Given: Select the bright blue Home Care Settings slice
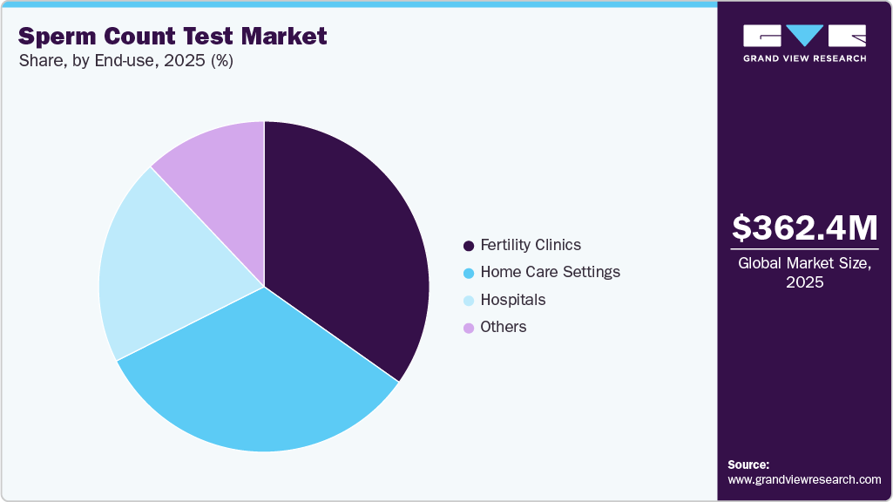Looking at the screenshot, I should (261, 375).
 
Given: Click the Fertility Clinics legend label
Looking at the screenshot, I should (531, 245).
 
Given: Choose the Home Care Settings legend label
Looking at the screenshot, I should (550, 272).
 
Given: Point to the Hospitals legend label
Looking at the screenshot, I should (513, 300).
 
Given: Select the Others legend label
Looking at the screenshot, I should (504, 327).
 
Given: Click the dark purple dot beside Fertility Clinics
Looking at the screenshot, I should (469, 246).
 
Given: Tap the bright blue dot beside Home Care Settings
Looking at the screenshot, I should (469, 273).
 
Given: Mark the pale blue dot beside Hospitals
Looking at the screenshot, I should (469, 301).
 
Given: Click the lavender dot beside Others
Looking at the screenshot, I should (469, 328).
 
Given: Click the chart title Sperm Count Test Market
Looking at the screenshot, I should (173, 36).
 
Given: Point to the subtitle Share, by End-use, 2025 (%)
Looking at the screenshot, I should (125, 62).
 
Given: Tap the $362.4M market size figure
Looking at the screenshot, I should (804, 227).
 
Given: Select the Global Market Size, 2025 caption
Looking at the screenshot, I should (804, 272).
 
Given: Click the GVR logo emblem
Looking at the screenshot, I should (804, 36).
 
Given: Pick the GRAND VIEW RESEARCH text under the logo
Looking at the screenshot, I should (804, 58).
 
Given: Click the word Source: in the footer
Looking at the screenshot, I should (748, 465).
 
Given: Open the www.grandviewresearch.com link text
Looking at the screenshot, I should (804, 479).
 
